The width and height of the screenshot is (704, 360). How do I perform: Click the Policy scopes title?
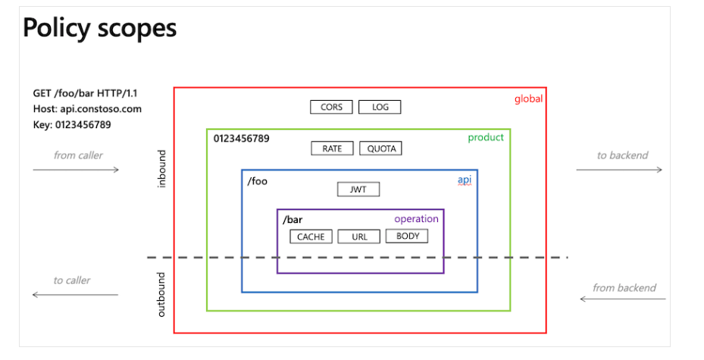(99, 28)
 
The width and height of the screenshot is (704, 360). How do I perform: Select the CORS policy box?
(331, 108)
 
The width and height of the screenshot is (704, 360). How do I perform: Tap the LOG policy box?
(380, 108)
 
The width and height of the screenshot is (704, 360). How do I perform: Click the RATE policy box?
(332, 149)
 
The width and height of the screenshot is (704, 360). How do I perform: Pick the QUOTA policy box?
(381, 149)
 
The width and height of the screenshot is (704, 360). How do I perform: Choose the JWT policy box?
(358, 189)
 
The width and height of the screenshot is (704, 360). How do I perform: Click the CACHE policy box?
(311, 236)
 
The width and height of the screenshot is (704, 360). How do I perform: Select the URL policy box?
(359, 236)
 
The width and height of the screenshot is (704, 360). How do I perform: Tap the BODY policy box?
(407, 236)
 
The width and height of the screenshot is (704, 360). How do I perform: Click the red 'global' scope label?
(528, 99)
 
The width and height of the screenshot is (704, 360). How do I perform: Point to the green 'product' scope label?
(485, 137)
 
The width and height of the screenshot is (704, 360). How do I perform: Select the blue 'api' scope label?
(464, 180)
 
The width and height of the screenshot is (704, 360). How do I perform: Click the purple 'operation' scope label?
(416, 219)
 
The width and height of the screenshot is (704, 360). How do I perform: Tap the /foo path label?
(257, 181)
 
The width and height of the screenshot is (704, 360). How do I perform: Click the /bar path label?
(293, 220)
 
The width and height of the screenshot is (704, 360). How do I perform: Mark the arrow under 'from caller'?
(76, 169)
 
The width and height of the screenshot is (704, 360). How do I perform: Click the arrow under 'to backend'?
(618, 170)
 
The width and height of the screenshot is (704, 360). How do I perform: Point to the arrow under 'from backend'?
(623, 299)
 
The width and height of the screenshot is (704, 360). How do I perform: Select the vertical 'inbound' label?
(161, 169)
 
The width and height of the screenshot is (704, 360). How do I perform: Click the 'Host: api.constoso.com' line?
(86, 109)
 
